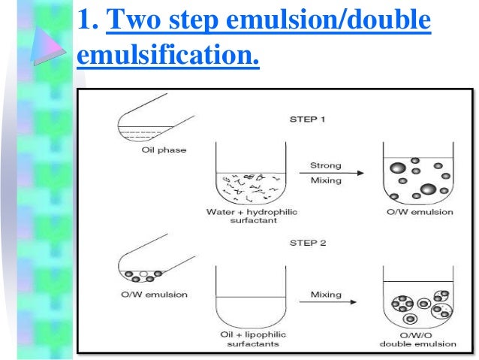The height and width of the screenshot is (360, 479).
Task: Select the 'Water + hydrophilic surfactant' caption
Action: [x=252, y=216]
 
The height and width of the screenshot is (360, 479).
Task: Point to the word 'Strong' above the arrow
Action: [x=325, y=165]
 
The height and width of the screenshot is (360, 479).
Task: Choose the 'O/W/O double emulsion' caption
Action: [x=411, y=338]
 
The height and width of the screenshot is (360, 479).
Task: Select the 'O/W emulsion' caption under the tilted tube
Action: [x=142, y=294]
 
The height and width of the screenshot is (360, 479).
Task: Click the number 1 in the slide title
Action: [x=86, y=22]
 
